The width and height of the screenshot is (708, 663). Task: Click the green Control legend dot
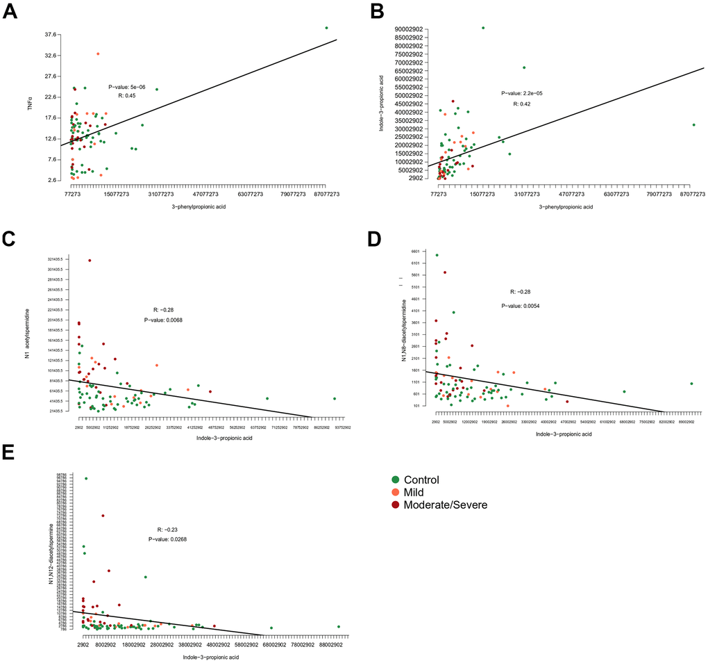pos(395,480)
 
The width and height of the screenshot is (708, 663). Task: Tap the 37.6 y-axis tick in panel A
pos(50,34)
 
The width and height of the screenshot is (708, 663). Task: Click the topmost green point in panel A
pos(326,28)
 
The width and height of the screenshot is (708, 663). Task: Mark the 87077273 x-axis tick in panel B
pos(691,195)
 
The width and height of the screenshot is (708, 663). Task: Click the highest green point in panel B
pos(483,28)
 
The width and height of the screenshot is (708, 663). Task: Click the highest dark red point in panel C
pos(90,261)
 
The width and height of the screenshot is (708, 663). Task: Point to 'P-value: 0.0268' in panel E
pos(167,539)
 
